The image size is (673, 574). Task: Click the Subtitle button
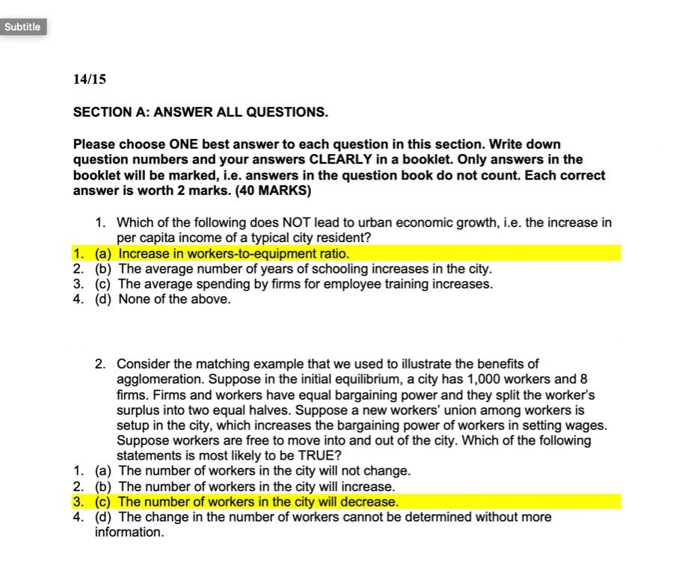click(x=22, y=27)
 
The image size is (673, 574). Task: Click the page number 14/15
click(x=90, y=78)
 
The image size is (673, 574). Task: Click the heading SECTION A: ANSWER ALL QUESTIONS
click(x=200, y=112)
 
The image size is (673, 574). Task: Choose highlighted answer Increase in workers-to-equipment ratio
click(x=233, y=253)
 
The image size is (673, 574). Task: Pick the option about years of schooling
click(x=305, y=268)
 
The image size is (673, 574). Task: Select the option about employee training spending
click(x=305, y=284)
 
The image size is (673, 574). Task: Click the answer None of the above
click(x=174, y=299)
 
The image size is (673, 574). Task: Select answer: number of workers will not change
click(x=264, y=471)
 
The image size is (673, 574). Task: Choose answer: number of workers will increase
click(x=256, y=487)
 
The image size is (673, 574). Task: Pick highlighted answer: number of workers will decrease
click(x=258, y=502)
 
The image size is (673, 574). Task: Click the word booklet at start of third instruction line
click(x=96, y=175)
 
